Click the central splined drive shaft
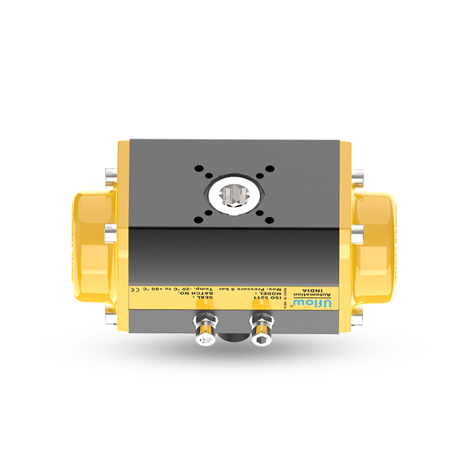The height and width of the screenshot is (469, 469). tap(234, 194)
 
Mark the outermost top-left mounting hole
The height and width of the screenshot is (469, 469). tap(198, 168)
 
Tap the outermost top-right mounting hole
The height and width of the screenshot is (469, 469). tap(269, 168)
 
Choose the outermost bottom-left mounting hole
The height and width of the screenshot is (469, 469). tap(198, 219)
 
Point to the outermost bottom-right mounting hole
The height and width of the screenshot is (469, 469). tap(269, 219)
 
